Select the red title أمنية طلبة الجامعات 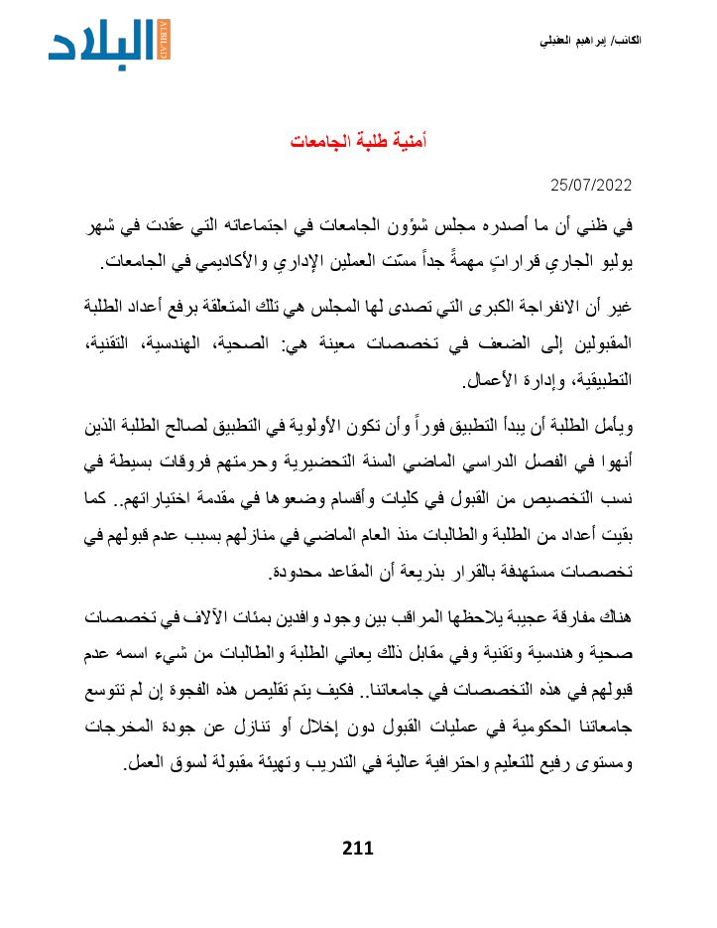pos(358,141)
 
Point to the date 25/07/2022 pos(591,185)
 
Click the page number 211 pos(357,848)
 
